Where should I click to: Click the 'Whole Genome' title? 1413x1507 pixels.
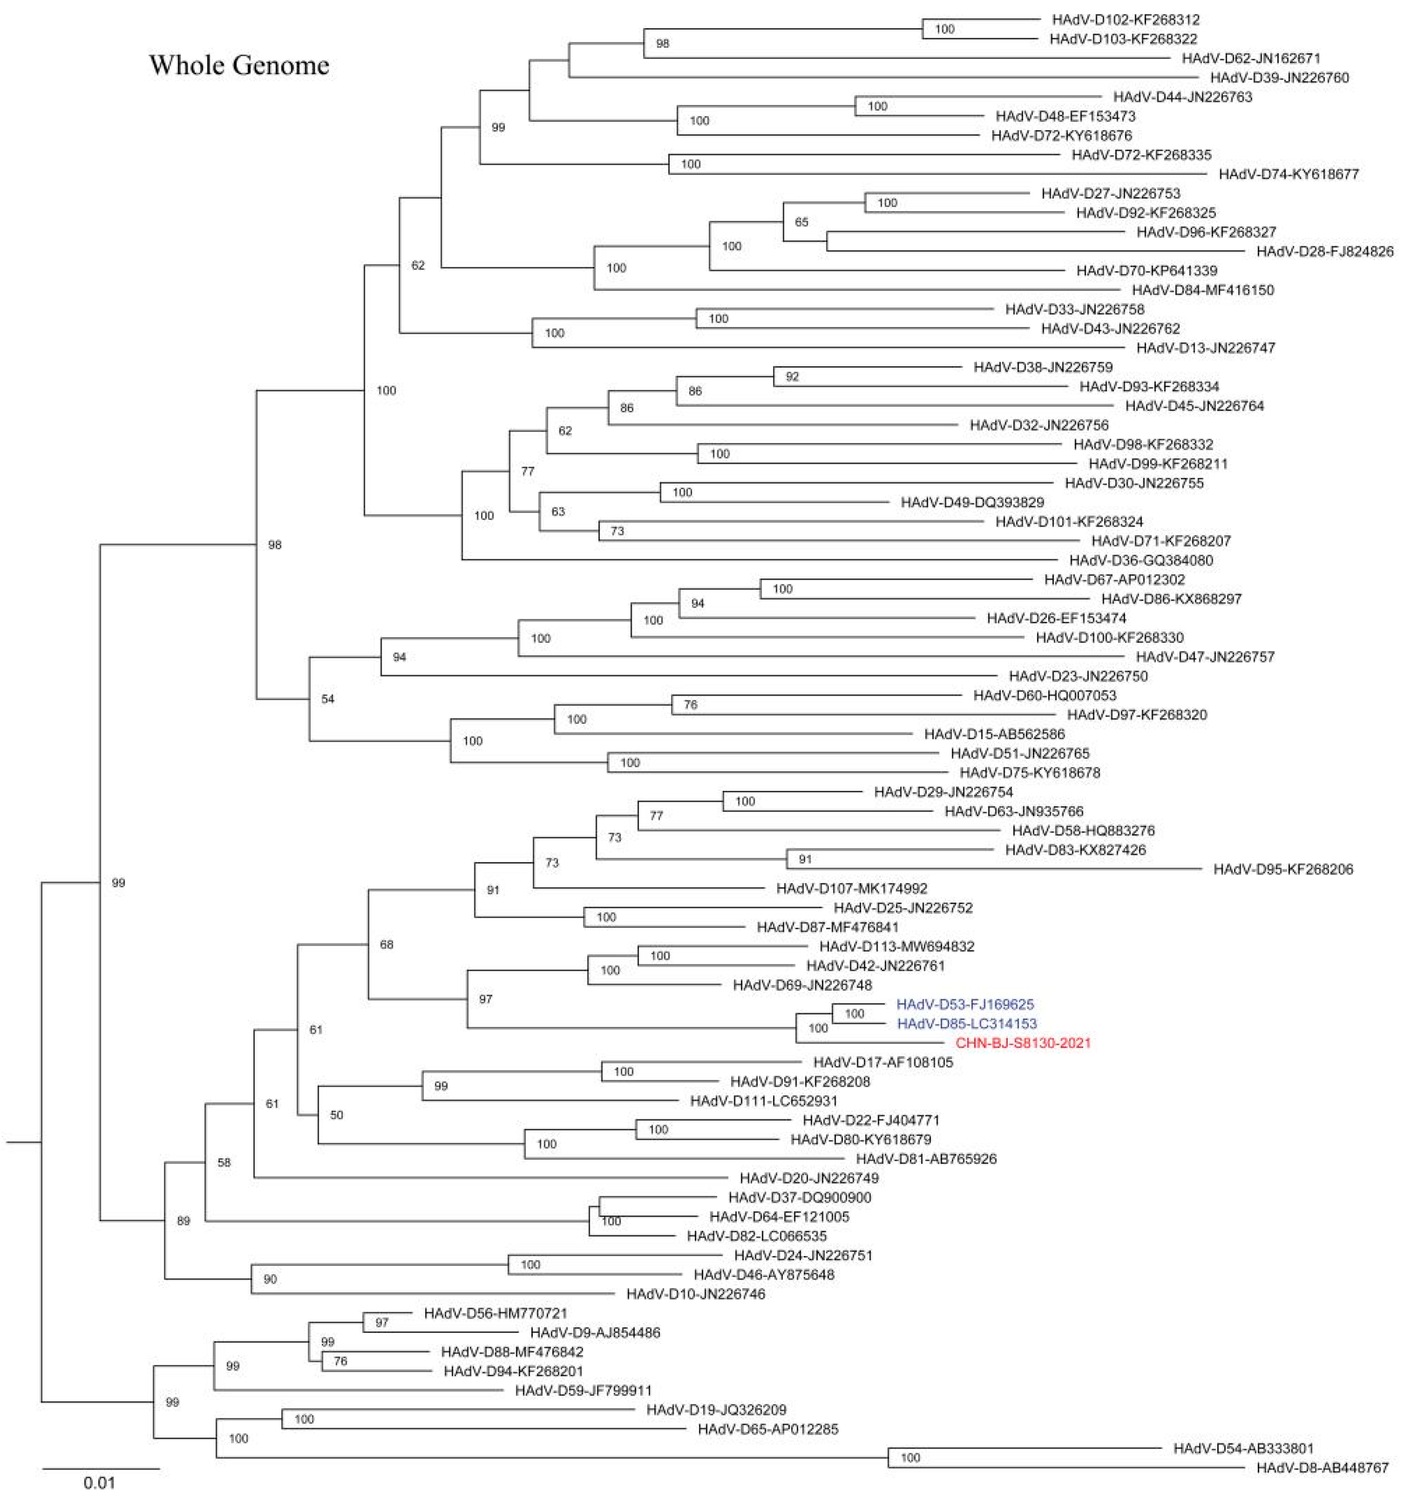(x=239, y=65)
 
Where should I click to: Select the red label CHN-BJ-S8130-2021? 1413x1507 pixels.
(x=1023, y=1043)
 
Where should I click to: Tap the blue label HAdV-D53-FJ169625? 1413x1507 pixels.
(x=965, y=1004)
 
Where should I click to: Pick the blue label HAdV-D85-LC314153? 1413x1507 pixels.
(x=967, y=1024)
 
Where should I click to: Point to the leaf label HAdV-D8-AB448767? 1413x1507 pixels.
(x=1322, y=1468)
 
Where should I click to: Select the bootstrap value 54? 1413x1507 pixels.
(x=327, y=699)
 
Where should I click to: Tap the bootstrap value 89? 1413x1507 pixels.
(x=183, y=1221)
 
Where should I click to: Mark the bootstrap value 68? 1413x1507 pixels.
(x=387, y=945)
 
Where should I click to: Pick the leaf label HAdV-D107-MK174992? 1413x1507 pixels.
(x=851, y=888)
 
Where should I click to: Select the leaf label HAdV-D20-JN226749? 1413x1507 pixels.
(x=809, y=1178)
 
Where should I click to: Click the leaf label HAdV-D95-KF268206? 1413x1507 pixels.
(x=1283, y=869)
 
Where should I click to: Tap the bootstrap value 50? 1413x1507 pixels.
(x=337, y=1115)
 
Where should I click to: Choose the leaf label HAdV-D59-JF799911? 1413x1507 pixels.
(x=583, y=1390)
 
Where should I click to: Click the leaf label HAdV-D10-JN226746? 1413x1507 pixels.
(x=695, y=1294)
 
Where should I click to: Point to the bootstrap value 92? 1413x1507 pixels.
(x=792, y=377)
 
